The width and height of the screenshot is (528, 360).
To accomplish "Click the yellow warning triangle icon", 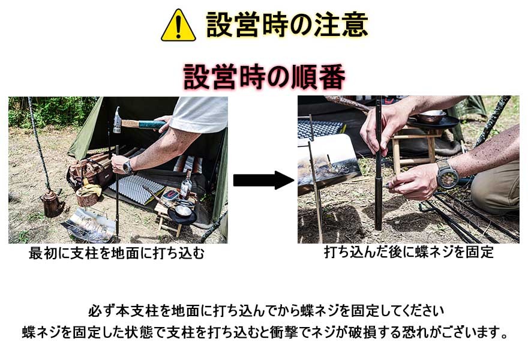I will point(178,26).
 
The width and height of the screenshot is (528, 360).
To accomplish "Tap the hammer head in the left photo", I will point(118,120).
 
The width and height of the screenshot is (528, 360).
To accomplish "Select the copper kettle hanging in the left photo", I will point(52,203).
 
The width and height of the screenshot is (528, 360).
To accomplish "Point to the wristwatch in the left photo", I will point(128,166).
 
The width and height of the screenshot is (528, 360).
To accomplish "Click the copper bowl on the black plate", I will point(431,118).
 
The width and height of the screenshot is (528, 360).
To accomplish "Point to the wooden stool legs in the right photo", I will point(413,150).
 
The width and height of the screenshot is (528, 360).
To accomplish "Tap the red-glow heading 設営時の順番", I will point(264,77).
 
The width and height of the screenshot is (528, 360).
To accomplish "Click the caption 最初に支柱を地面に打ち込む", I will point(117,254).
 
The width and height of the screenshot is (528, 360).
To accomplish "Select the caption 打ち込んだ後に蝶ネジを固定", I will point(409,253).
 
